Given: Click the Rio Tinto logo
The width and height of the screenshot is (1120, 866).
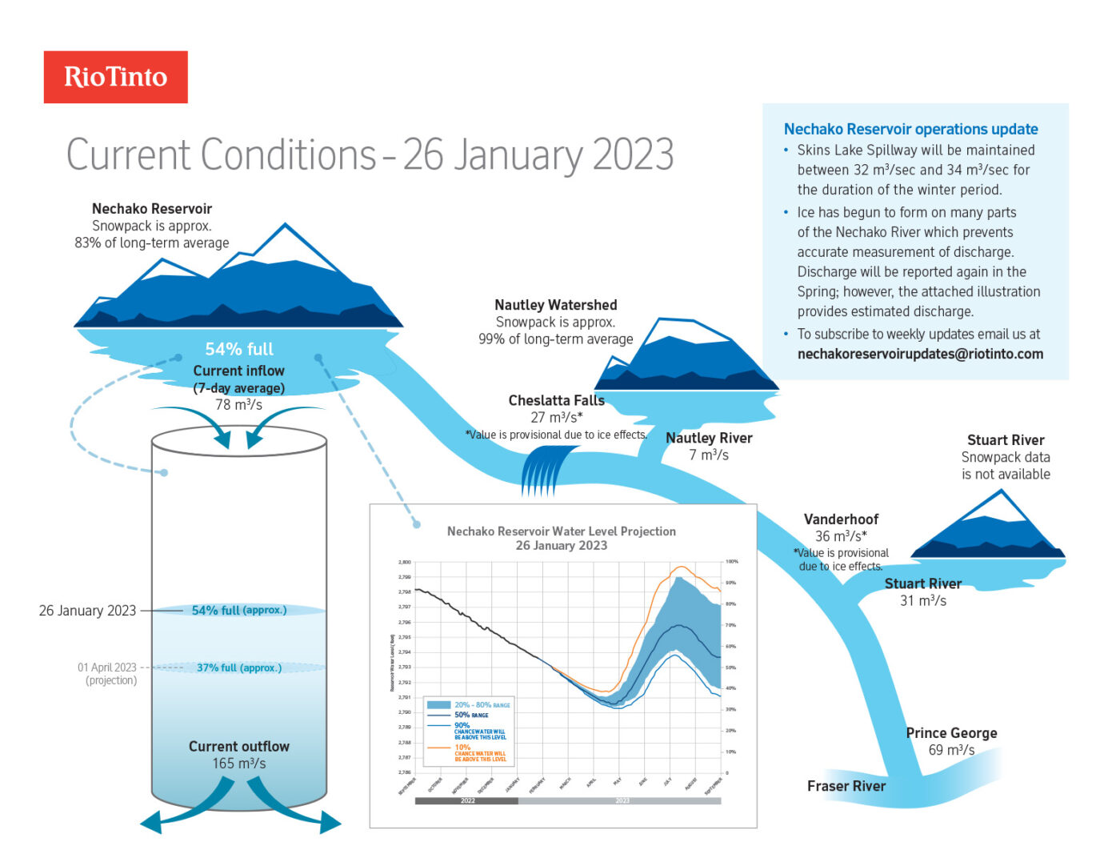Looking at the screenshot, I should pos(115,77).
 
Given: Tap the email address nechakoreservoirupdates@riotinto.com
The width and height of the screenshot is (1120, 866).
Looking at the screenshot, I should pos(920,354).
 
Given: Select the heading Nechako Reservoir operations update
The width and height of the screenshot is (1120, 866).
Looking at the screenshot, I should pos(910,129).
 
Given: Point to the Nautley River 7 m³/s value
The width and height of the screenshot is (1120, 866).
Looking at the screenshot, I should pos(709,455).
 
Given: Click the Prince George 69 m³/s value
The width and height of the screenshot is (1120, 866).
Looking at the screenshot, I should pos(951,750).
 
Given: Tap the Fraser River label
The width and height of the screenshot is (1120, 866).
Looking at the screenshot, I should pos(846,786).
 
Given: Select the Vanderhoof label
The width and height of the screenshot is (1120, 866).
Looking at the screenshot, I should pos(841,519).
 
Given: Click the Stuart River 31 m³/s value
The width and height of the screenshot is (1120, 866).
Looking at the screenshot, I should pos(922,601).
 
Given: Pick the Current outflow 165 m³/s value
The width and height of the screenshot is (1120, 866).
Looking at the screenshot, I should pos(238,764).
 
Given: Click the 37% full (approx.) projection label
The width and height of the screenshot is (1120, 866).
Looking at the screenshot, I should pos(239,668).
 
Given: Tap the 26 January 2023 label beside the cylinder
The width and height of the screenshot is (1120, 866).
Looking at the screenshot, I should pos(87,611).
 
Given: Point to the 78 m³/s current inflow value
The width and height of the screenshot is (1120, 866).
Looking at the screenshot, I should pos(238,405).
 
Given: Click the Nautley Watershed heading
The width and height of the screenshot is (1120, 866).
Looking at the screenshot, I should pos(555,305).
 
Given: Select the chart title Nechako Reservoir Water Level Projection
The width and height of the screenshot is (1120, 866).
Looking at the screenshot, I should pos(561,531).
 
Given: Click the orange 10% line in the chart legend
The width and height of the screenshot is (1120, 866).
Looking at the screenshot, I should pos(439,748).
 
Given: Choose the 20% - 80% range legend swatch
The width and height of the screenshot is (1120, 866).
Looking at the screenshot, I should pos(439,704).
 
